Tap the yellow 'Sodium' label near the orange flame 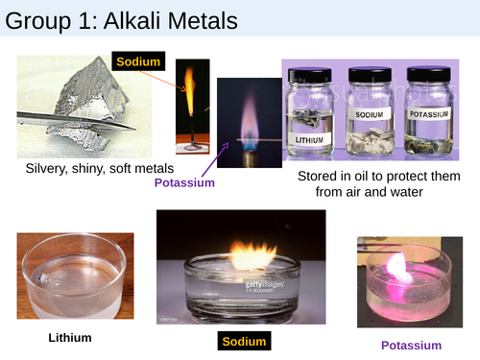140,62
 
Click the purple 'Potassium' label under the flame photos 184,182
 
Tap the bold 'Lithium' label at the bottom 71,338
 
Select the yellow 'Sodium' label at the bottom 242,342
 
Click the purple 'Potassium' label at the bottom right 411,345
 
